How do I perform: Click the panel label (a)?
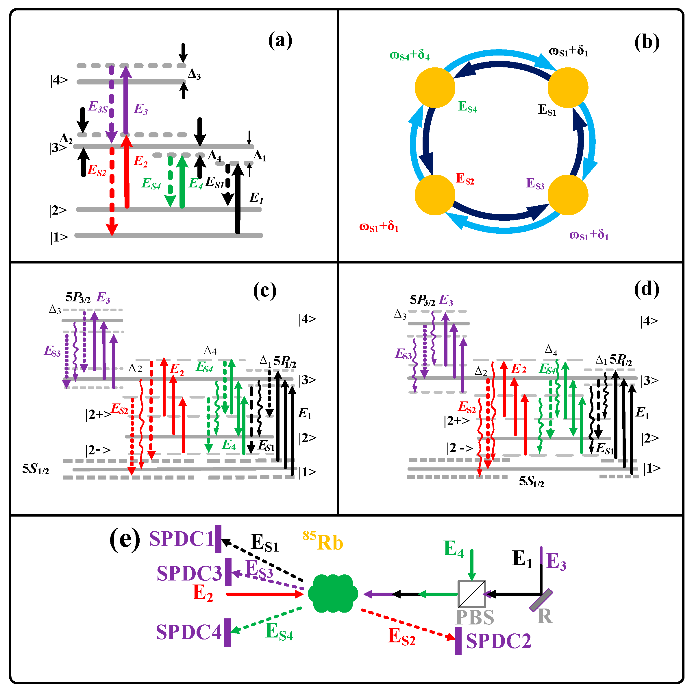[x=280, y=40]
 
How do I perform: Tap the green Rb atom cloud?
[x=333, y=593]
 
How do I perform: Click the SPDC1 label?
[x=182, y=539]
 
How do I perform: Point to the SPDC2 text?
[x=498, y=641]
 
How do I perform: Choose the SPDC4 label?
[x=188, y=632]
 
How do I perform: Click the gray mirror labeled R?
[x=541, y=600]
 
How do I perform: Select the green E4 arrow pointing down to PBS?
[x=472, y=564]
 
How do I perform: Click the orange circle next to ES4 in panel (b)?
[x=435, y=87]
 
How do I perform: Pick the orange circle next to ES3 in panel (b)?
[x=568, y=195]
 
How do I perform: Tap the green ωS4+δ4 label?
[x=410, y=55]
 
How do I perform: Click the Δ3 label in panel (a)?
[x=194, y=74]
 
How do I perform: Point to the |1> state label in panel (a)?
[x=59, y=237]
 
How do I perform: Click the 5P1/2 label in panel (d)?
[x=620, y=360]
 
